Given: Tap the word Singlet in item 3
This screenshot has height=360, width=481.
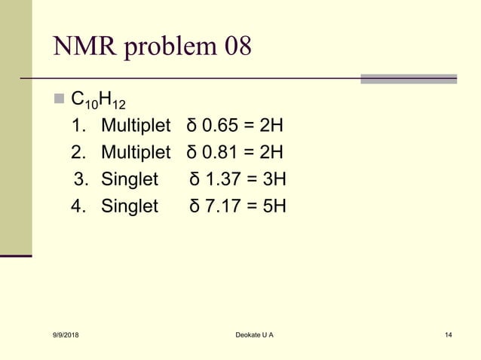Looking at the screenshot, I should [x=130, y=180].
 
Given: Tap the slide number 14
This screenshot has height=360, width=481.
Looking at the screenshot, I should [x=449, y=334].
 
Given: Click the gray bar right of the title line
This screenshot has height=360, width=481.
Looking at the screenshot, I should [x=408, y=78].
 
